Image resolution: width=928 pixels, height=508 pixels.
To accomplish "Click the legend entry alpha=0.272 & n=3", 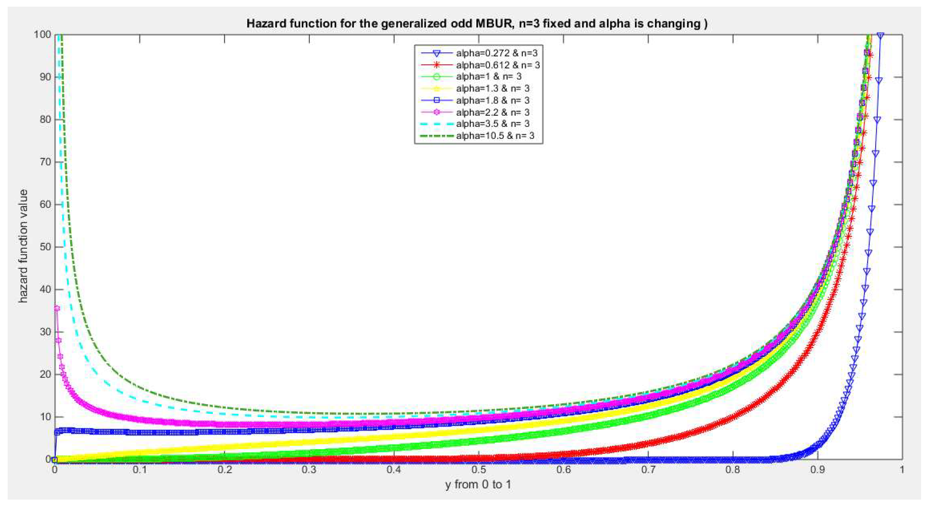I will [497, 53].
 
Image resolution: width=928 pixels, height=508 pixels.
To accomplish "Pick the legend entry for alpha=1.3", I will [492, 88].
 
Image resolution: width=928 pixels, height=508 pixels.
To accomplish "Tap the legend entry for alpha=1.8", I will [492, 100].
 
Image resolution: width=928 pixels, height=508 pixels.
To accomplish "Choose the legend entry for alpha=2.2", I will [492, 112].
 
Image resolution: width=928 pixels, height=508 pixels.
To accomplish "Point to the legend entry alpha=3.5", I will [492, 124].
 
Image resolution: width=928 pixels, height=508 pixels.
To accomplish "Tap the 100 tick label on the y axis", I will [42, 35].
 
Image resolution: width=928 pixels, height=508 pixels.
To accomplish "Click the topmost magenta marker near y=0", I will [57, 308].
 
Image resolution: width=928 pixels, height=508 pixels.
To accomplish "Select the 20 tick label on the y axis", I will [45, 374].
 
